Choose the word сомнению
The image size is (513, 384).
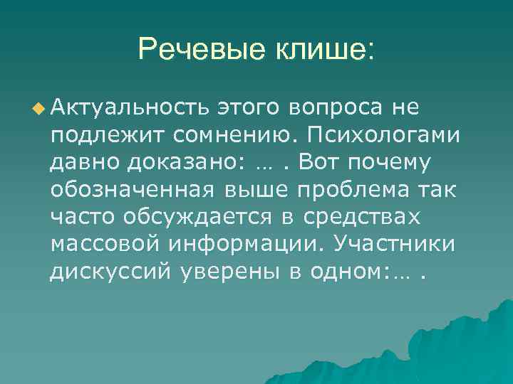pos(222,135)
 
